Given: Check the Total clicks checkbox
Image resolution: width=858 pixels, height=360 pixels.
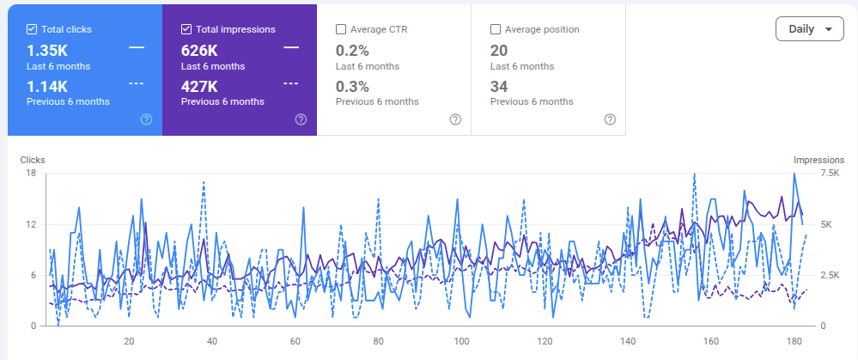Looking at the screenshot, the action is [32, 29].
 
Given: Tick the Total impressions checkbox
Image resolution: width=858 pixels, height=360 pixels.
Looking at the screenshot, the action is [186, 29].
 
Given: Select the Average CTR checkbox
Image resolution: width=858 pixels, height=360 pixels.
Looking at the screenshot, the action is [341, 29].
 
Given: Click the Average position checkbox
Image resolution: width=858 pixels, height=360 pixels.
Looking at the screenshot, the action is [496, 29].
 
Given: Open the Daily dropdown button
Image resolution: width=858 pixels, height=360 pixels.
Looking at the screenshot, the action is [809, 29].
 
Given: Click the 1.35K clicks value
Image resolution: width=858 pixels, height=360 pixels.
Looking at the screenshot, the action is [47, 51].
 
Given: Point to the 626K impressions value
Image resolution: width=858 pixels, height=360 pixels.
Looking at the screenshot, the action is [199, 51].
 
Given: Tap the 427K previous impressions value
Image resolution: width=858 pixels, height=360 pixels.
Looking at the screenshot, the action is [199, 87].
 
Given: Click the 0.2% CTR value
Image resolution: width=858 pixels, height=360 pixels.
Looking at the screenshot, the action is [352, 51].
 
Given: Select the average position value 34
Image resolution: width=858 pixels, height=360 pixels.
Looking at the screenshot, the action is [499, 87].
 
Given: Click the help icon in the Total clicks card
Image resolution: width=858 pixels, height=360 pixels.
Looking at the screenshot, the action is [146, 119].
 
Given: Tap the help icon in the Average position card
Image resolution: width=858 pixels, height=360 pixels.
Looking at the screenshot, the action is [610, 119].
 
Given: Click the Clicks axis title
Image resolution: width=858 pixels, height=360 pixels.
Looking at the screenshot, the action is [33, 161].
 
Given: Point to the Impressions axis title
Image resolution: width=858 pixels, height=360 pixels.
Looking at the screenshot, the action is [819, 161].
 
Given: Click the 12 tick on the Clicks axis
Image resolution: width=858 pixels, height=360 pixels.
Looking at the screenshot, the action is [31, 224].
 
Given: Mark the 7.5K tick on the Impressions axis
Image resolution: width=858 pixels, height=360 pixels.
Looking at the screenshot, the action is [829, 174].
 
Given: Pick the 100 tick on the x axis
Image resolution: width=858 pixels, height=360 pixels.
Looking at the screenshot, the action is [462, 341].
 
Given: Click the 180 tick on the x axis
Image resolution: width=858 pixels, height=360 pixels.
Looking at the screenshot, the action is [794, 341].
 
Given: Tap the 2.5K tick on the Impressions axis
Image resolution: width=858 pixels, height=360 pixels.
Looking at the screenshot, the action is [829, 275].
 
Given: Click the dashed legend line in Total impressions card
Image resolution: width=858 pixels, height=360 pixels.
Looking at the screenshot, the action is [290, 83].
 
